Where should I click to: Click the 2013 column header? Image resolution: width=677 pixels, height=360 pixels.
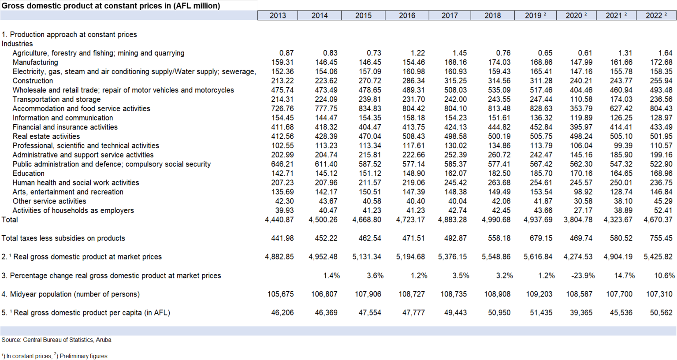[x=278, y=15]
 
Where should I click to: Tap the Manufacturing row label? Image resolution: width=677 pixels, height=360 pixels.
[x=35, y=62]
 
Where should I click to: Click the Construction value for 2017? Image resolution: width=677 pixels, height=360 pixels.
[x=455, y=81]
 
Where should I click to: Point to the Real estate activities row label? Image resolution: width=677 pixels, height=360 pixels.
[x=46, y=136]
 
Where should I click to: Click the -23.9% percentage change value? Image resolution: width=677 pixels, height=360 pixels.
[x=583, y=275]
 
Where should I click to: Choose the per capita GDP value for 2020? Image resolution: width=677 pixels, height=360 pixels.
[x=581, y=312]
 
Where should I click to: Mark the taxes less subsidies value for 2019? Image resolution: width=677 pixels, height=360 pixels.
[x=541, y=238]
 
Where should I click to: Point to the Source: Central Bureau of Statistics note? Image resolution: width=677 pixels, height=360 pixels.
[x=56, y=340]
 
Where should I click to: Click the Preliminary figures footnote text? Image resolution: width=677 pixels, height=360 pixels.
[x=83, y=356]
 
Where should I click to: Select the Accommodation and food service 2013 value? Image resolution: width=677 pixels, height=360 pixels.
[x=282, y=108]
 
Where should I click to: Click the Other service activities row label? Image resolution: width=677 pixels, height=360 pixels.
[x=49, y=201]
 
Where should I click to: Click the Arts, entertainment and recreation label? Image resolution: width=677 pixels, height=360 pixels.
[x=68, y=192]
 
